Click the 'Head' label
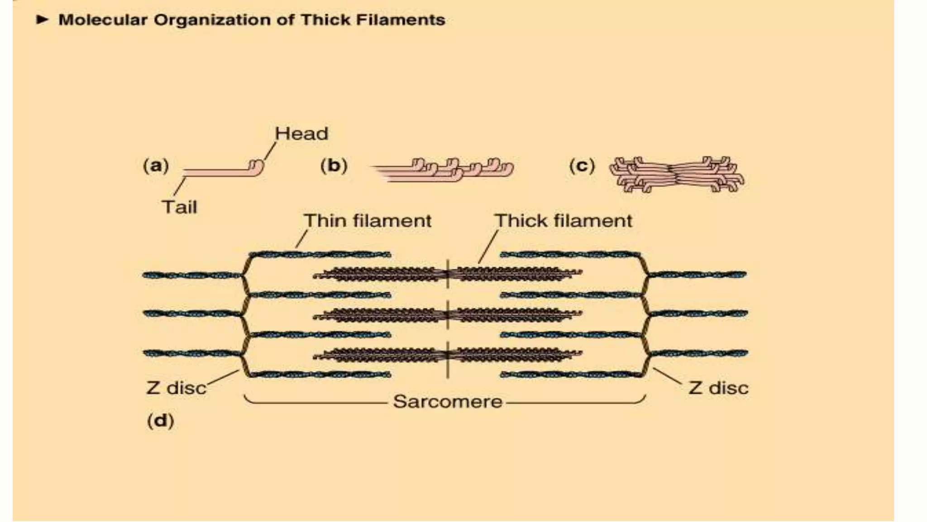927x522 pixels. tap(301, 134)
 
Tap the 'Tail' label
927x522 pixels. tap(180, 207)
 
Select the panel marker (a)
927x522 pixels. tap(156, 165)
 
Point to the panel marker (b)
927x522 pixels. tap(334, 165)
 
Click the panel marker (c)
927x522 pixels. tap(582, 165)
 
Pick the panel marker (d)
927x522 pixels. tap(160, 420)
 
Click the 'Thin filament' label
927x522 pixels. tap(367, 221)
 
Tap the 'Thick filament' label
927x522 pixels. tap(563, 221)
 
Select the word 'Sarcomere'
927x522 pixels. tap(447, 402)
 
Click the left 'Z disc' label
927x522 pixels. tap(176, 388)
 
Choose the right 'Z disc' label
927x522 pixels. tap(718, 388)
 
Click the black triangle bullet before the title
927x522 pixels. tap(42, 19)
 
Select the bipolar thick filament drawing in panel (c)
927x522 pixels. tap(676, 174)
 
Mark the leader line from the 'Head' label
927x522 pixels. tap(270, 151)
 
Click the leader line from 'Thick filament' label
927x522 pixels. tap(488, 246)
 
